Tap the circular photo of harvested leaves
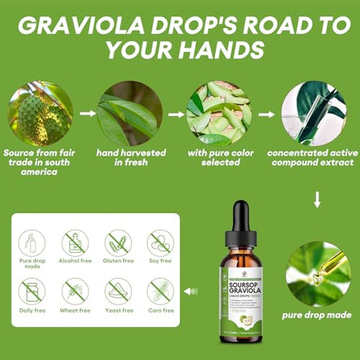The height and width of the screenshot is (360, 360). tap(129, 113)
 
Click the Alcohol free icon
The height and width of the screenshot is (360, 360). tap(75, 242)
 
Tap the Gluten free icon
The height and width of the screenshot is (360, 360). tap(118, 242)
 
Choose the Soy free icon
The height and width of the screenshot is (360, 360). tap(160, 242)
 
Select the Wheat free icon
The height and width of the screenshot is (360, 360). tap(75, 290)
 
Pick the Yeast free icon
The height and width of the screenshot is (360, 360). tap(118, 290)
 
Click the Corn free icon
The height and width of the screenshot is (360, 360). tap(160, 290)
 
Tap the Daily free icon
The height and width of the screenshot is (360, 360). tap(31, 290)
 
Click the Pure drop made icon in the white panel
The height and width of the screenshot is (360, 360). tap(31, 242)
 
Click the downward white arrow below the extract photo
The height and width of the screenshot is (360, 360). tap(317, 199)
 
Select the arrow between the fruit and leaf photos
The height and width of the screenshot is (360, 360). tap(87, 114)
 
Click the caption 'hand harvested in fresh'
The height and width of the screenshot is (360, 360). tap(130, 157)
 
